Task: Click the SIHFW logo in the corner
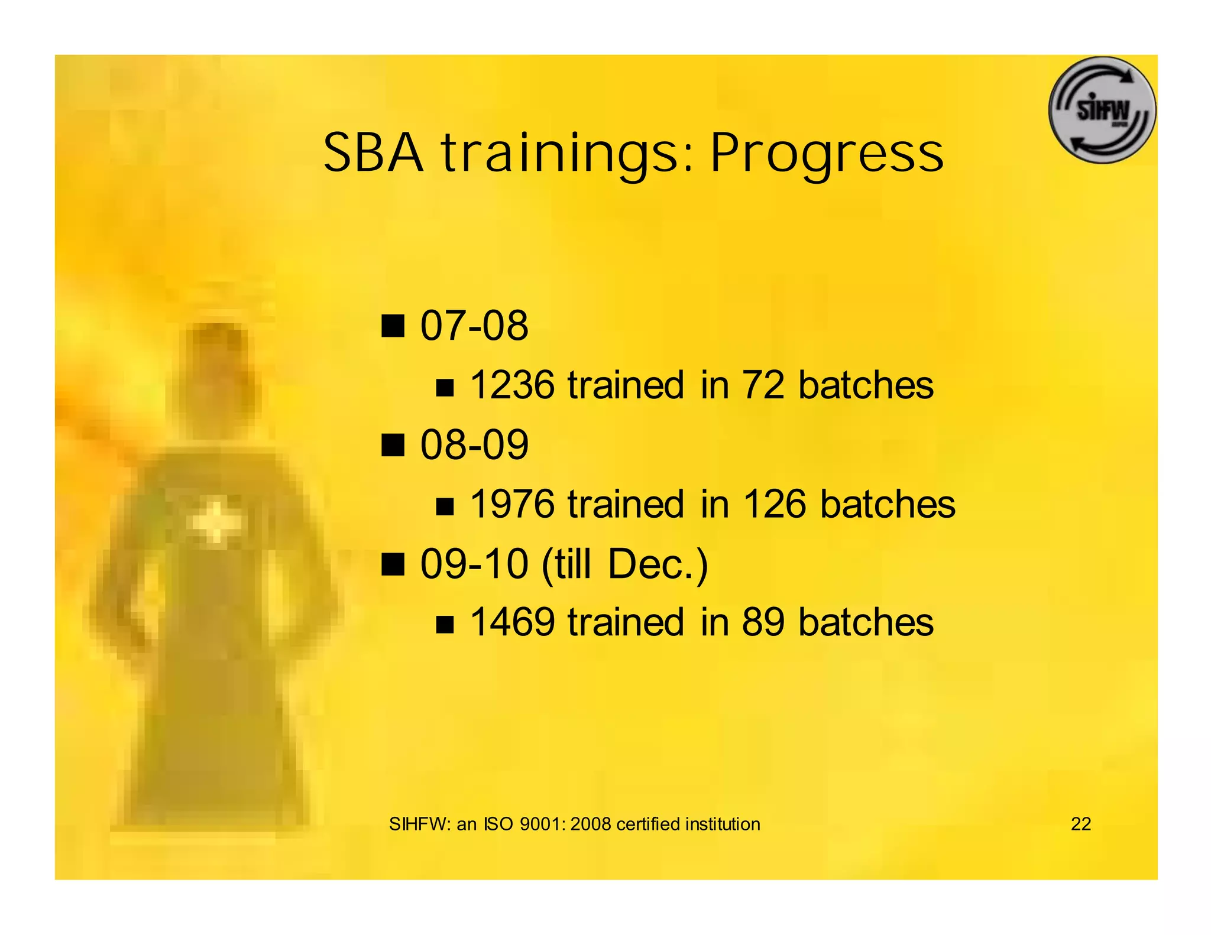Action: click(1102, 111)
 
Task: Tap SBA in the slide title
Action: click(374, 153)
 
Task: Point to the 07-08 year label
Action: click(474, 326)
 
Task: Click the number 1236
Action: click(512, 385)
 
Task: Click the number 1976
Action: click(512, 504)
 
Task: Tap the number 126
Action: click(774, 504)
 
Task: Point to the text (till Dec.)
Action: click(624, 564)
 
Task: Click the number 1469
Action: click(512, 622)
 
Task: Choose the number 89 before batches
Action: click(763, 622)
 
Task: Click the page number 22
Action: click(1080, 824)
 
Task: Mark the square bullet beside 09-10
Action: click(393, 564)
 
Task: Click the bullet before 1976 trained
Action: click(445, 507)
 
